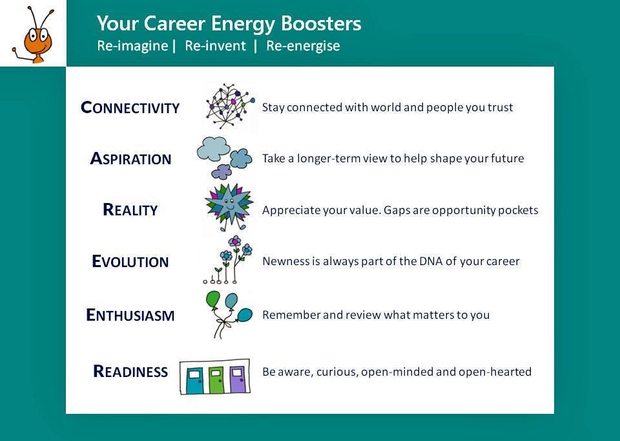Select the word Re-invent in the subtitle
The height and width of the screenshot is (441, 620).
click(x=215, y=45)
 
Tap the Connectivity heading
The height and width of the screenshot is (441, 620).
click(x=130, y=107)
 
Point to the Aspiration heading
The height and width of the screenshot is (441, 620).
click(x=130, y=158)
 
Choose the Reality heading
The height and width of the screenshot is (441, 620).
click(x=130, y=210)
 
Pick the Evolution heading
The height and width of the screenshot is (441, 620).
click(x=130, y=261)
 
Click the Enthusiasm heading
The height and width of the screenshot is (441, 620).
click(x=130, y=315)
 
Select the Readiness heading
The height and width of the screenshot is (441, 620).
click(x=130, y=371)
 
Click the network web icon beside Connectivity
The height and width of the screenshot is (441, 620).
click(x=230, y=105)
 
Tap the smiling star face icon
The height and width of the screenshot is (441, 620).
click(x=229, y=206)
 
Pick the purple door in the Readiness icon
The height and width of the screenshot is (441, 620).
click(x=237, y=379)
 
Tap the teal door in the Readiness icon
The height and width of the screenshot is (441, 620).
click(x=194, y=380)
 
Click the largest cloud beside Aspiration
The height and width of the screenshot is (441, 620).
click(x=213, y=149)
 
